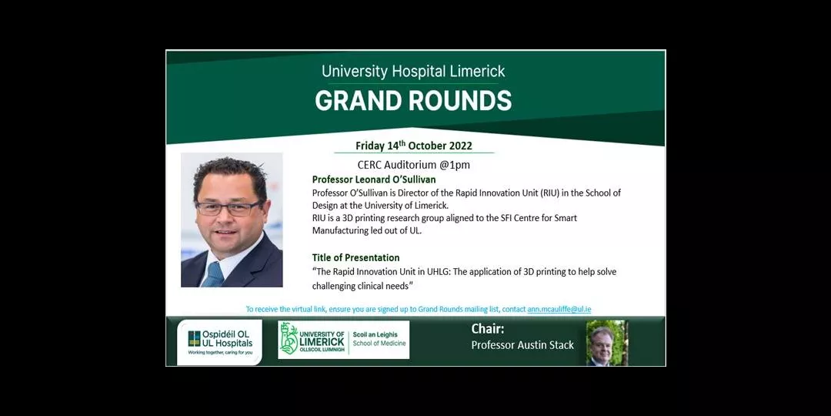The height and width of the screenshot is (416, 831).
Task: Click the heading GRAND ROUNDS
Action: (x=413, y=100)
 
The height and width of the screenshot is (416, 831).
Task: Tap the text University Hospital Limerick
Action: (x=413, y=71)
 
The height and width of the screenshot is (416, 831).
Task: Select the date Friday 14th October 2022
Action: (x=414, y=146)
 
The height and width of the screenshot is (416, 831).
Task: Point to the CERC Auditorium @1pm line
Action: (x=413, y=165)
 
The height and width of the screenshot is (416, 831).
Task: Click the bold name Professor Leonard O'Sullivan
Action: (x=374, y=179)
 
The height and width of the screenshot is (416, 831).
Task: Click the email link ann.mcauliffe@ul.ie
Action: (x=559, y=309)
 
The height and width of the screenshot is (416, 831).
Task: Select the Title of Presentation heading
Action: (x=355, y=258)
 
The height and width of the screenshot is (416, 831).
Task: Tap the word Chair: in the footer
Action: (x=486, y=329)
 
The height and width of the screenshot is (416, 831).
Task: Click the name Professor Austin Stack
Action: (x=522, y=345)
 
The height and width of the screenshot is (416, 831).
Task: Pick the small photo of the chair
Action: (x=607, y=343)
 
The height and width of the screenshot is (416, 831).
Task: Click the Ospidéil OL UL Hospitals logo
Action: (x=219, y=342)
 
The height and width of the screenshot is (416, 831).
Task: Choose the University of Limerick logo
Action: (x=343, y=340)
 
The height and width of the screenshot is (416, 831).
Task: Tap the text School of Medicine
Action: (x=379, y=344)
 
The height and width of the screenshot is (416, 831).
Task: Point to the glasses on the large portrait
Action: (x=229, y=208)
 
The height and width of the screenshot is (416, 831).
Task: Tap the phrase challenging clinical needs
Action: (x=362, y=286)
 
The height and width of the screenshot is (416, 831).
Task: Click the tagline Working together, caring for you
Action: (x=219, y=352)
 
